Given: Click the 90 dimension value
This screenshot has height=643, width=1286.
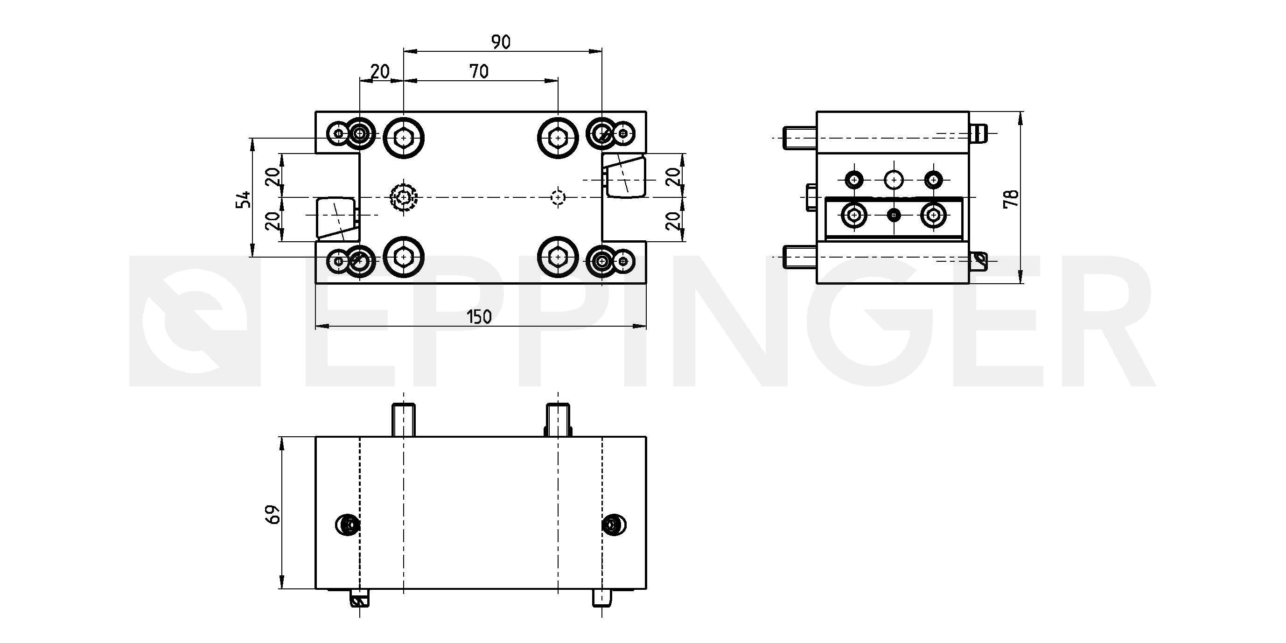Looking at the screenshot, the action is point(501,42).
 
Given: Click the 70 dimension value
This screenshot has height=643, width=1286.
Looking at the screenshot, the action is point(479,72).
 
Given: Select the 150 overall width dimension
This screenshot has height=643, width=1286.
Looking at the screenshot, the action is point(479,317).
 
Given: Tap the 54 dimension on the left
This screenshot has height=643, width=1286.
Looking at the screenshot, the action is point(244,199).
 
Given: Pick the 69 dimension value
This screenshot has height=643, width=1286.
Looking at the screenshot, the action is point(273,514).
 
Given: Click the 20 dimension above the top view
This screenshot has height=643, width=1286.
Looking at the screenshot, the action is point(380,72).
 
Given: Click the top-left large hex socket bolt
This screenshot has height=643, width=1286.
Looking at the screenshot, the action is point(403,137).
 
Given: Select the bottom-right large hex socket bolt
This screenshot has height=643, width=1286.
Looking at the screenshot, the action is point(558,257).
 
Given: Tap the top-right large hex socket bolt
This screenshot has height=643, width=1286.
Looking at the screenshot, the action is point(558,137).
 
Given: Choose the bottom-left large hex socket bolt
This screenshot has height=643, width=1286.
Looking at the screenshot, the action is point(403,257).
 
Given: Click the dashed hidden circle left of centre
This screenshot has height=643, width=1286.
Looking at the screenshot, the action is point(403,198).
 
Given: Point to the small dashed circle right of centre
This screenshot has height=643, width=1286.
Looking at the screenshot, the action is point(558,198).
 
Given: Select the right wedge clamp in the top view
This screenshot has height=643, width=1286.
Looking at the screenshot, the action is point(624,176).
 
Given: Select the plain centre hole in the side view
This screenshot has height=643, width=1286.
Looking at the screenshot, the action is point(893,179).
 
